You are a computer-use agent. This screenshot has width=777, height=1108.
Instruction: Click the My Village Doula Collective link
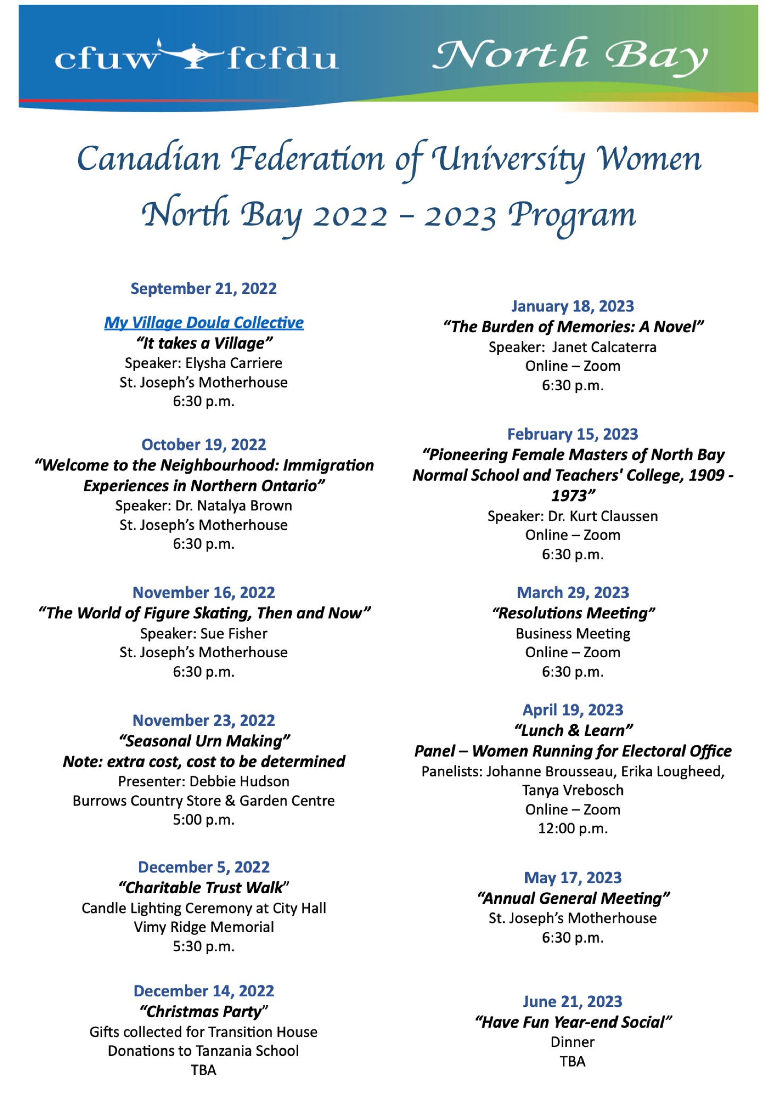[204, 323]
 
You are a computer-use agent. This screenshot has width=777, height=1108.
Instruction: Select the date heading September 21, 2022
[204, 289]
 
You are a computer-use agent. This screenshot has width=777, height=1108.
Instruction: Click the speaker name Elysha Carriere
[234, 363]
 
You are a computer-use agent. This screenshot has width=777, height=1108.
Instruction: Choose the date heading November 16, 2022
[204, 592]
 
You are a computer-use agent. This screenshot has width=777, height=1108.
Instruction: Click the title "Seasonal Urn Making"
[204, 741]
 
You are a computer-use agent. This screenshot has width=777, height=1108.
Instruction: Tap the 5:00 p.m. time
[204, 819]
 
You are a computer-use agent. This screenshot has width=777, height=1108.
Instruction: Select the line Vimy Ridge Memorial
[204, 927]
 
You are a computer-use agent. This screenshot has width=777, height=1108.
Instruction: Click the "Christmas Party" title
[204, 1011]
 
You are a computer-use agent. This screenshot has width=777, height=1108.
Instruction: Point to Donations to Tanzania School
[204, 1051]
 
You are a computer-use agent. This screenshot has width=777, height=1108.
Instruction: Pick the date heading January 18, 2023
[572, 306]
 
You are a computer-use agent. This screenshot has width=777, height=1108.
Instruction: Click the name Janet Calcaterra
[604, 347]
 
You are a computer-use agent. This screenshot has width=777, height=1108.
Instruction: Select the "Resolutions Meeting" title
[573, 613]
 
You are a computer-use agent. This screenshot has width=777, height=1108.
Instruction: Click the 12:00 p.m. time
[572, 828]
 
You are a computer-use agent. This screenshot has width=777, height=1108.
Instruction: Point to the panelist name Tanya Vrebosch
[572, 790]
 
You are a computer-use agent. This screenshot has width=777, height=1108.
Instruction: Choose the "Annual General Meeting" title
[573, 898]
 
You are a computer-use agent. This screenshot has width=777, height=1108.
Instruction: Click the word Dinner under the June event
[572, 1042]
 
